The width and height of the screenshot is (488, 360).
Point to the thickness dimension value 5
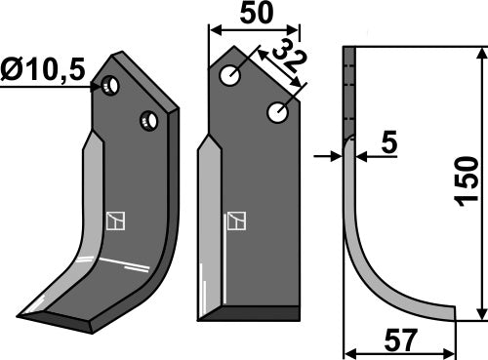tap(389, 144)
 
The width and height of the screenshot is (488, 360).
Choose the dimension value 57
tap(400, 340)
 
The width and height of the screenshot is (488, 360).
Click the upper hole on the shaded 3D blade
tap(113, 86)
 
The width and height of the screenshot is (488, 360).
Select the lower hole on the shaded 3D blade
tap(149, 121)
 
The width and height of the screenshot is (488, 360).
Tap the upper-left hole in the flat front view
tap(231, 75)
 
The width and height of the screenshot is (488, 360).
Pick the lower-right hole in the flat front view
tap(276, 114)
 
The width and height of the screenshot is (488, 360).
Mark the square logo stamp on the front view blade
tap(235, 221)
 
